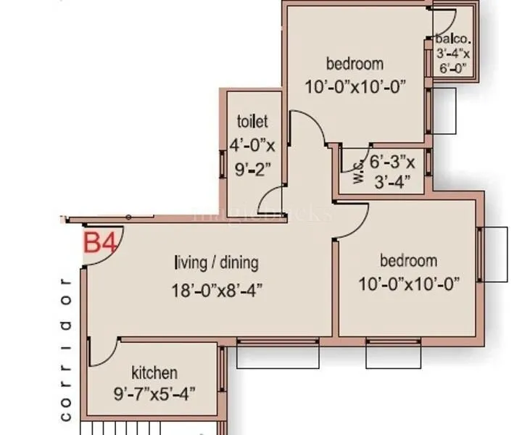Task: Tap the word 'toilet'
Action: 252,121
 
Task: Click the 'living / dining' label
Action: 216,262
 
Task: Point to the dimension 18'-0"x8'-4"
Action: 216,290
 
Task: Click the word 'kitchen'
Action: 154,373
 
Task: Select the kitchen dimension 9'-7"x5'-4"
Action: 154,394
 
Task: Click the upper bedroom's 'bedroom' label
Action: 355,63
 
